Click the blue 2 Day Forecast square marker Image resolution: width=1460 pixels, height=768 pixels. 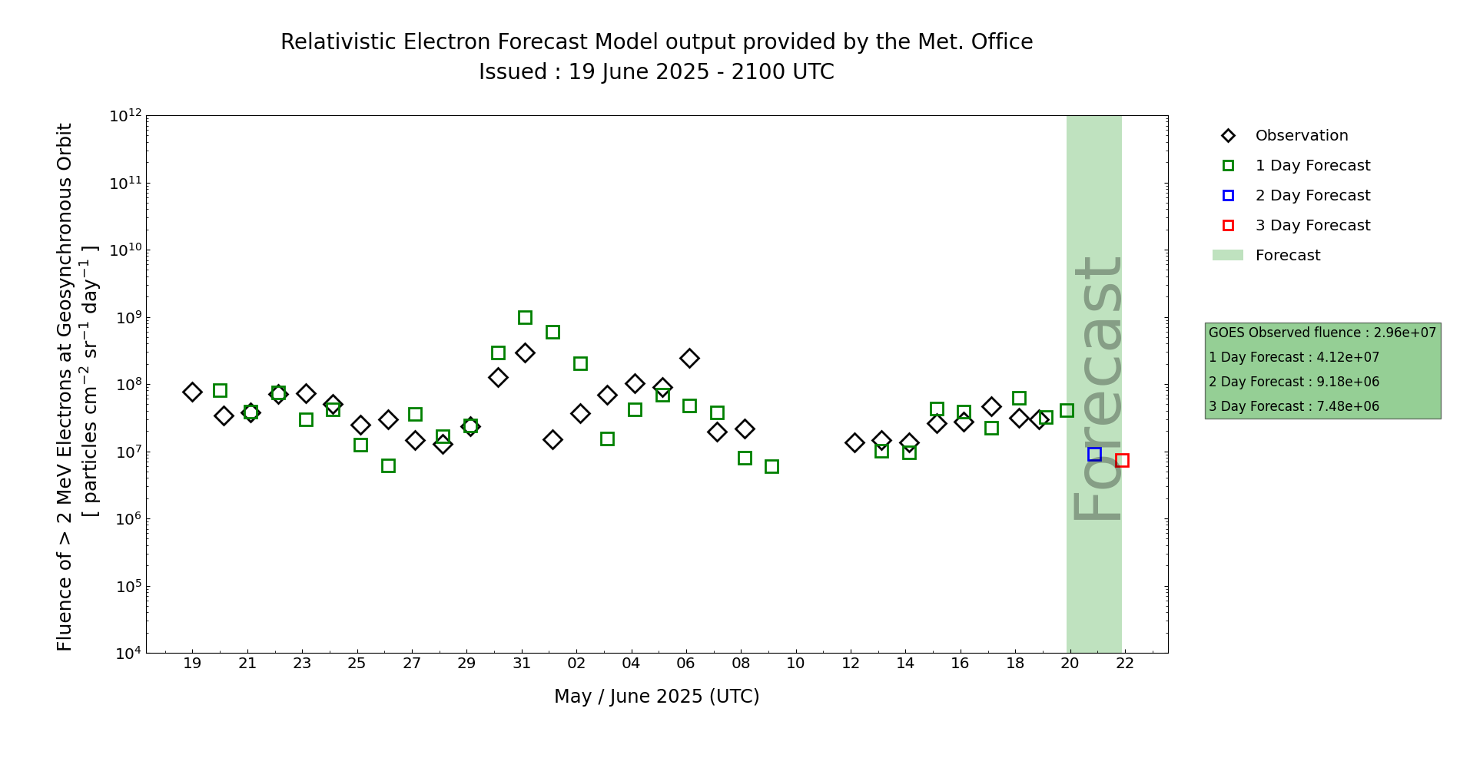(1094, 454)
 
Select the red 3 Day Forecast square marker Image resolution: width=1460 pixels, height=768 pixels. (1122, 460)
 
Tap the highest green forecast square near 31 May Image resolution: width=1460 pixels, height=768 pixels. (525, 317)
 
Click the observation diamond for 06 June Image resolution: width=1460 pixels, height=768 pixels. (689, 358)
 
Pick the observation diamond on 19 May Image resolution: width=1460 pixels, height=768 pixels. (192, 392)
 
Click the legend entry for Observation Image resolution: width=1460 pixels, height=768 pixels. (1301, 136)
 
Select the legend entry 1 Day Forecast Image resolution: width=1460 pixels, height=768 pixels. (1312, 166)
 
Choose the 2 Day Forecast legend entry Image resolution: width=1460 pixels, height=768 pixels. (1312, 196)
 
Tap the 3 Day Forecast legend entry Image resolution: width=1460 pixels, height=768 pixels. (1312, 226)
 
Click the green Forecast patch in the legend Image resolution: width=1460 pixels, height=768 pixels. (1227, 255)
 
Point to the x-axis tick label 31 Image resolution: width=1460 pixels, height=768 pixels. (522, 664)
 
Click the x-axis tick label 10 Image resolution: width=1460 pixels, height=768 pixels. (795, 664)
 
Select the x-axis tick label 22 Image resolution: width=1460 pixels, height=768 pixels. (1125, 664)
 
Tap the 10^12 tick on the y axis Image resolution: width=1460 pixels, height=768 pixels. (126, 116)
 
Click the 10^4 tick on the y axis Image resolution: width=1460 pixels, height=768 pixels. (126, 654)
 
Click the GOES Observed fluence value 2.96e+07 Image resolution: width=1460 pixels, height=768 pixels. (1405, 333)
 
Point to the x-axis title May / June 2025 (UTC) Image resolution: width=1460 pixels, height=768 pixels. (656, 697)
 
